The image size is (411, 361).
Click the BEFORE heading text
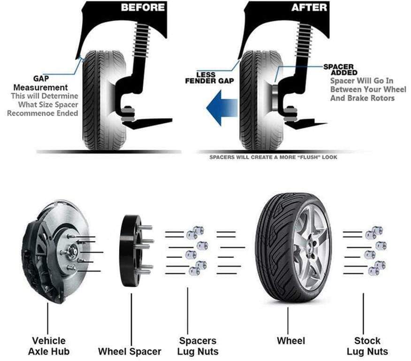pos(143,8)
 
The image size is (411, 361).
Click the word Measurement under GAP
pos(40,88)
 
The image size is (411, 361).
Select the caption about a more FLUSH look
pos(273,158)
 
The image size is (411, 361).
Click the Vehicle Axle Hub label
pos(49,346)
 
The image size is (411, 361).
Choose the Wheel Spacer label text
pos(129,351)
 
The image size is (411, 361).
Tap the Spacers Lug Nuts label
pos(198,346)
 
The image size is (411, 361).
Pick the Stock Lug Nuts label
pos(367,346)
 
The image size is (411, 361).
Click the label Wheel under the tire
pos(291,341)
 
